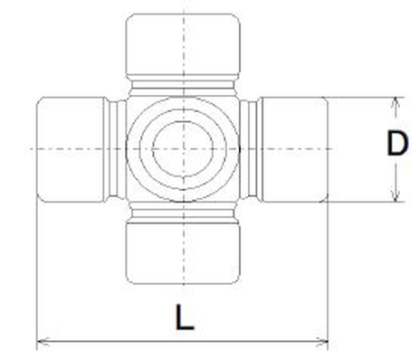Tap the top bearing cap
coord(183,43)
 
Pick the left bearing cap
coord(71,147)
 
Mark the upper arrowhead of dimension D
coord(395,101)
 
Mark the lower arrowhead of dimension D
coord(395,196)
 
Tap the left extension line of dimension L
coord(35,271)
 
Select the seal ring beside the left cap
coord(116,147)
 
